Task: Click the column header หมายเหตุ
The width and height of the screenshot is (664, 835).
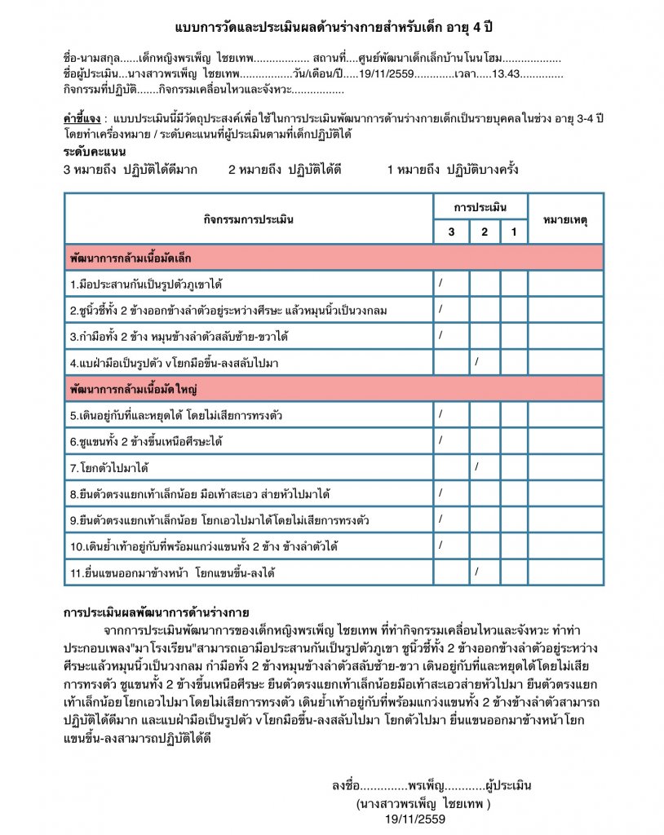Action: click(x=565, y=219)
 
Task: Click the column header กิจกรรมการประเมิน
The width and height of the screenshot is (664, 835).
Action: click(x=249, y=219)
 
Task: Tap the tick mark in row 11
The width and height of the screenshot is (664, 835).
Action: click(x=476, y=570)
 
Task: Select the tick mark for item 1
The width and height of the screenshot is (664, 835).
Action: click(x=440, y=282)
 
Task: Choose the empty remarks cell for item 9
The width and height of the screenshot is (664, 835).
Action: click(x=565, y=519)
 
